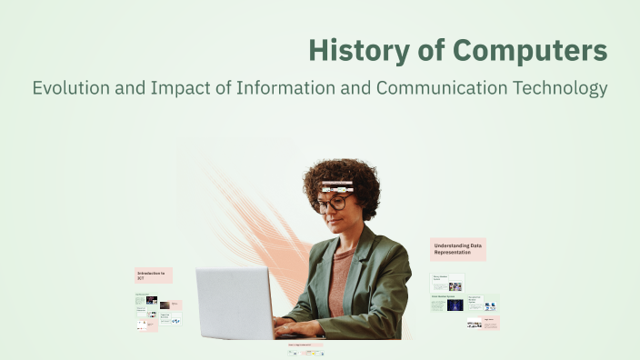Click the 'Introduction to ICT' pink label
coord(153,275)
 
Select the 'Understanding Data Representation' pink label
coord(457,249)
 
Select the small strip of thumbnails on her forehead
coord(335,187)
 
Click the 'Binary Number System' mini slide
coord(446,283)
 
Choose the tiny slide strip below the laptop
coord(305,348)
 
